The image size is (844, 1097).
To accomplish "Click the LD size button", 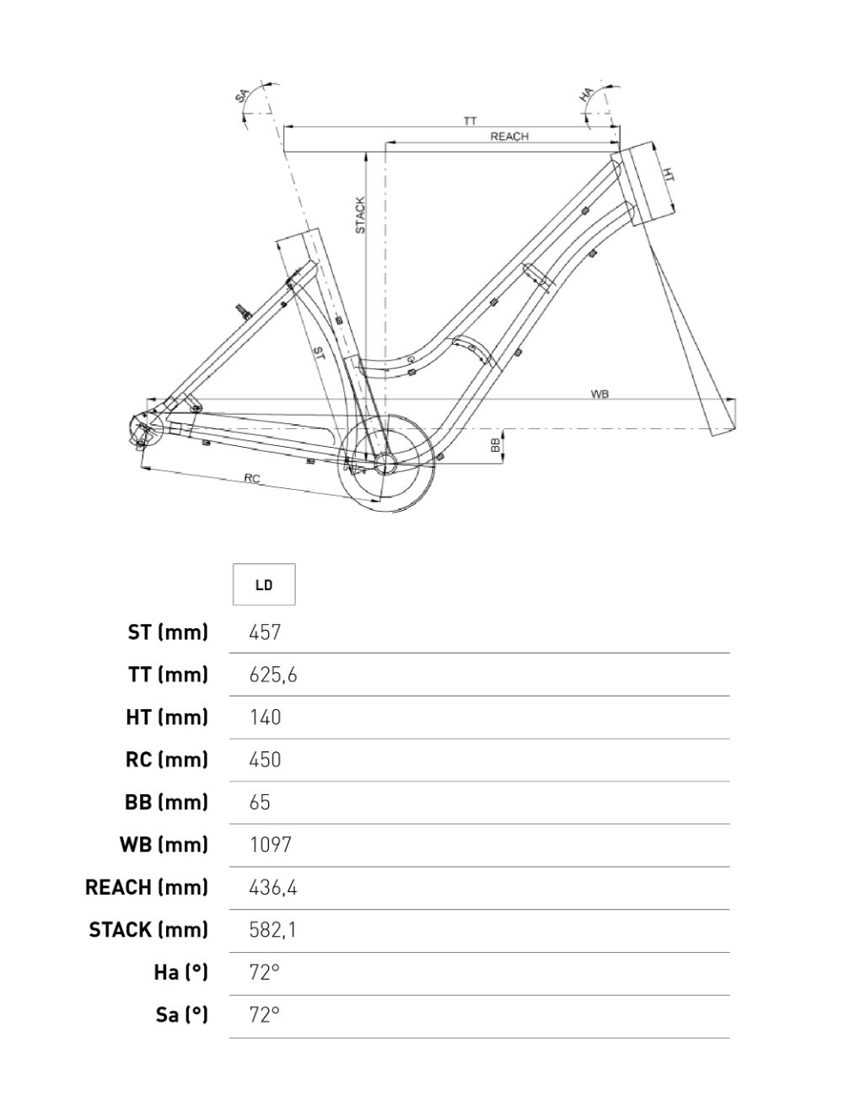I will pos(264,584).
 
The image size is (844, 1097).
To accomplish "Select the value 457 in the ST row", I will pos(265,632).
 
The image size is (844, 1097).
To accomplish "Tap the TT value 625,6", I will pos(273,675).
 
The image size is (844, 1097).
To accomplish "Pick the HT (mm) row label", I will pos(167,718).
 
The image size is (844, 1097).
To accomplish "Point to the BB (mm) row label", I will pos(166,802).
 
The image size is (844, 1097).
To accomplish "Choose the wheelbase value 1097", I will pos(270,845).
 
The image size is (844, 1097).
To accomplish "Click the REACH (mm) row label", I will pos(147,887).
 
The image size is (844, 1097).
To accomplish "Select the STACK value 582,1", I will pos(273,930).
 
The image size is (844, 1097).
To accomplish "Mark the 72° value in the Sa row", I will pos(264,1014).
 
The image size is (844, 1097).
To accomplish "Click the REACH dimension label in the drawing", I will pos(509,137).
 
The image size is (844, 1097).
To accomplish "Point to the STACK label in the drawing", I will pos(360,215).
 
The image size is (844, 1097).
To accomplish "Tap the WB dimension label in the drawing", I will pos(599,395).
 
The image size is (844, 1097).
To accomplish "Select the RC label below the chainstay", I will pos(251,479).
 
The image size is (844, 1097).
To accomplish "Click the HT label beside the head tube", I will pos(667,175).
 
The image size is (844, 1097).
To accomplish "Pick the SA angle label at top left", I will pos(242,97).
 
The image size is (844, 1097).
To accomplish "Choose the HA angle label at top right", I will pos(588,94).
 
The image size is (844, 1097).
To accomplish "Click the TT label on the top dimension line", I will pos(469,121).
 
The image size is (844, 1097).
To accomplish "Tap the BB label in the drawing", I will pos(495,445).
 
